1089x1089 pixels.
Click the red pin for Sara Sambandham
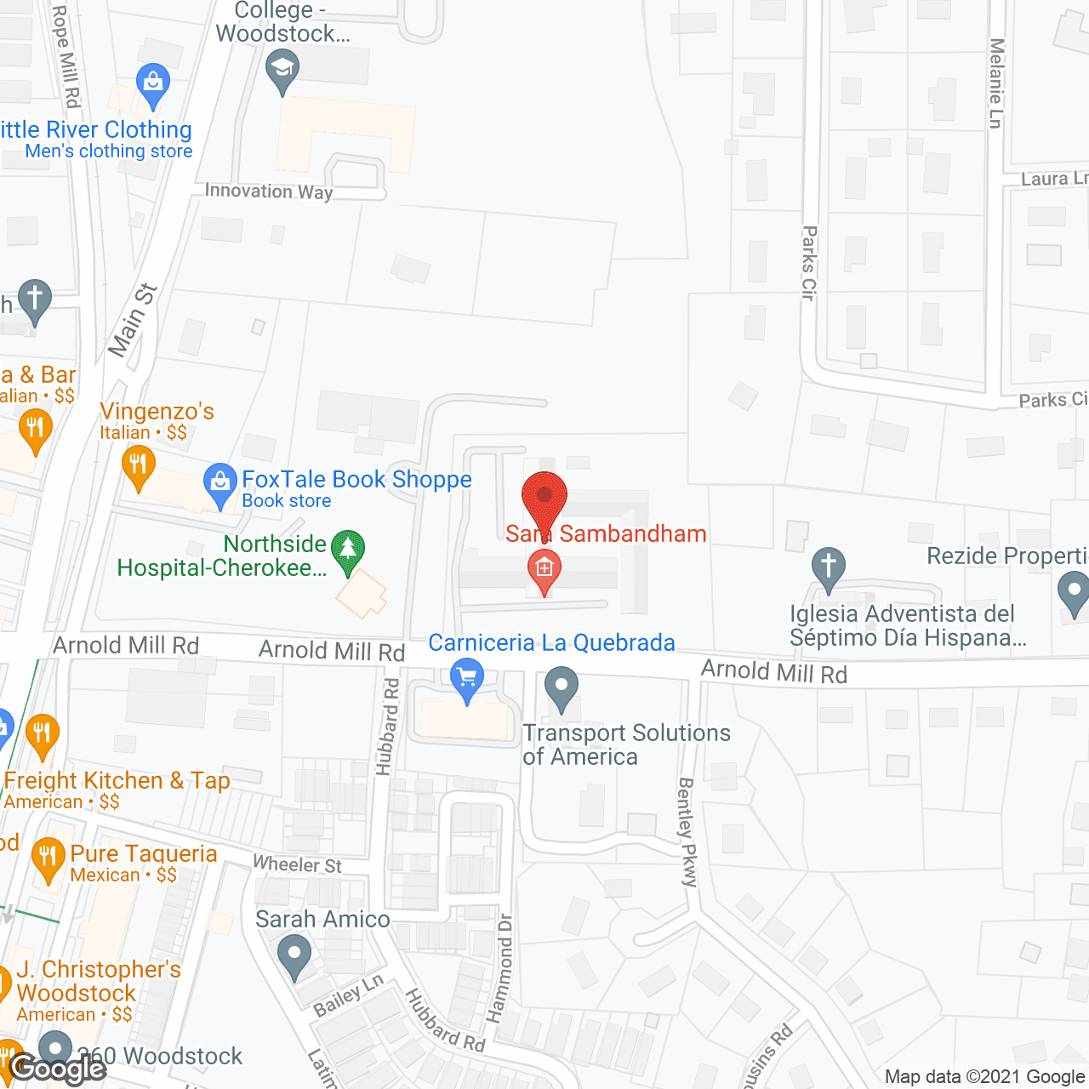click(544, 499)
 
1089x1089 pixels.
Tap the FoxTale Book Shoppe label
click(356, 480)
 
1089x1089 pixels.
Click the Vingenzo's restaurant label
click(157, 412)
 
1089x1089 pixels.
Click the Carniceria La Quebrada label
click(551, 643)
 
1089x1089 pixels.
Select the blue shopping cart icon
click(466, 678)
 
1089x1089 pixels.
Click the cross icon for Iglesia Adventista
click(829, 566)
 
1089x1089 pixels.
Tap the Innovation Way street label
click(269, 191)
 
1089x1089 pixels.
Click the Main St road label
click(133, 320)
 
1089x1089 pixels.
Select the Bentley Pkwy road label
click(687, 832)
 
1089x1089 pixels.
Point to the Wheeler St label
click(297, 864)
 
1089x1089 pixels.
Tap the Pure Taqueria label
click(144, 854)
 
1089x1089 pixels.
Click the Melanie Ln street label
click(996, 83)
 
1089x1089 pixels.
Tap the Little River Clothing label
click(95, 130)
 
